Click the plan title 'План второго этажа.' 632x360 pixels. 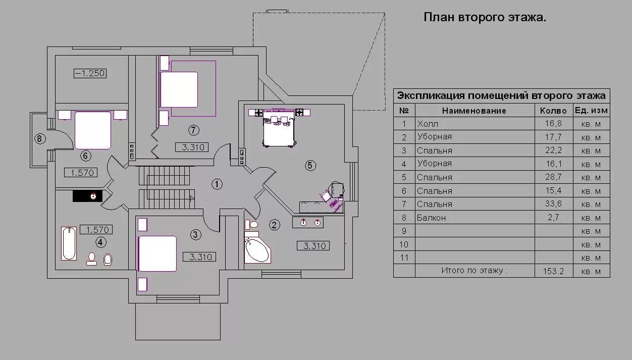[484, 18]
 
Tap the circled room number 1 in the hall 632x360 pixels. [217, 184]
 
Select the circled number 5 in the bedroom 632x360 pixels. [310, 165]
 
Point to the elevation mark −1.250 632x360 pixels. [90, 74]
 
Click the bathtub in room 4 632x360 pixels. [69, 243]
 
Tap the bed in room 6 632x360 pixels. [93, 130]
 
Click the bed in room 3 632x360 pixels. [157, 253]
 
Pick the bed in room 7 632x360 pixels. [179, 89]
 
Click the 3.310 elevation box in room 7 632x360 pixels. [192, 147]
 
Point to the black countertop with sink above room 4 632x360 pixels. [88, 196]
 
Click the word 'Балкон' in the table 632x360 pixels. [431, 218]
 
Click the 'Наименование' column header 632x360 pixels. [474, 111]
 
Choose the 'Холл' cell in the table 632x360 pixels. [428, 124]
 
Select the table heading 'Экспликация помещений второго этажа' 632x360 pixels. [501, 95]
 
